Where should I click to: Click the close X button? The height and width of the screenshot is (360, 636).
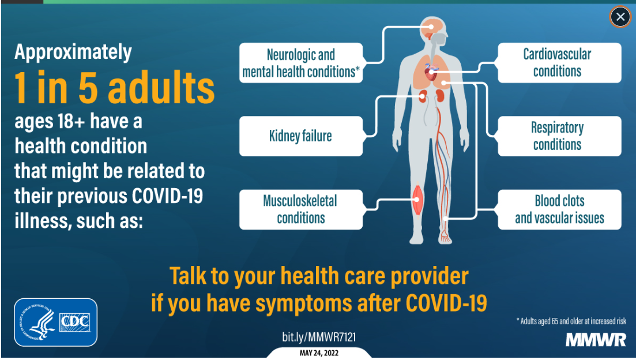pos(620,17)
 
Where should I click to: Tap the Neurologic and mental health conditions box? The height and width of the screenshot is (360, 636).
pos(301,63)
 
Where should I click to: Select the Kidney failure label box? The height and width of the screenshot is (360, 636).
pos(301,136)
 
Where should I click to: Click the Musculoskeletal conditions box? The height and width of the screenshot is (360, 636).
pos(301,210)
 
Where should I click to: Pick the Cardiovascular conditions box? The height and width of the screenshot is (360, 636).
pos(559,63)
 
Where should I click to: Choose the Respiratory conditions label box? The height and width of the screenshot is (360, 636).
pos(559,136)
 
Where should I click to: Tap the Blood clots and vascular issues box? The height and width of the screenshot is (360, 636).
pos(559,210)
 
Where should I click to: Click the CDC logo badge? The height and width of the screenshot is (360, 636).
pos(55,322)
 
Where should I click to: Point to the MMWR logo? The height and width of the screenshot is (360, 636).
pos(596,340)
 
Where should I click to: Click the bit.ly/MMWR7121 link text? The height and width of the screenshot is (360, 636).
pos(319,337)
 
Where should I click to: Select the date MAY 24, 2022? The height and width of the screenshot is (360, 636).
pos(319,353)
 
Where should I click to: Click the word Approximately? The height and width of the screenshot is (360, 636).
pos(73,52)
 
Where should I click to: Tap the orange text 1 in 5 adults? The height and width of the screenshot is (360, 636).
pos(114,88)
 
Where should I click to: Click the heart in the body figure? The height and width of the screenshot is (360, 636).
pos(431,73)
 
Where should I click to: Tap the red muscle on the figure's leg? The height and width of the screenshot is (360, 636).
pos(417,200)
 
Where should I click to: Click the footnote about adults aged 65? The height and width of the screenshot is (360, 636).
pos(571,321)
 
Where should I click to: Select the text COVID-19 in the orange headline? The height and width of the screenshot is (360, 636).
pos(446,303)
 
